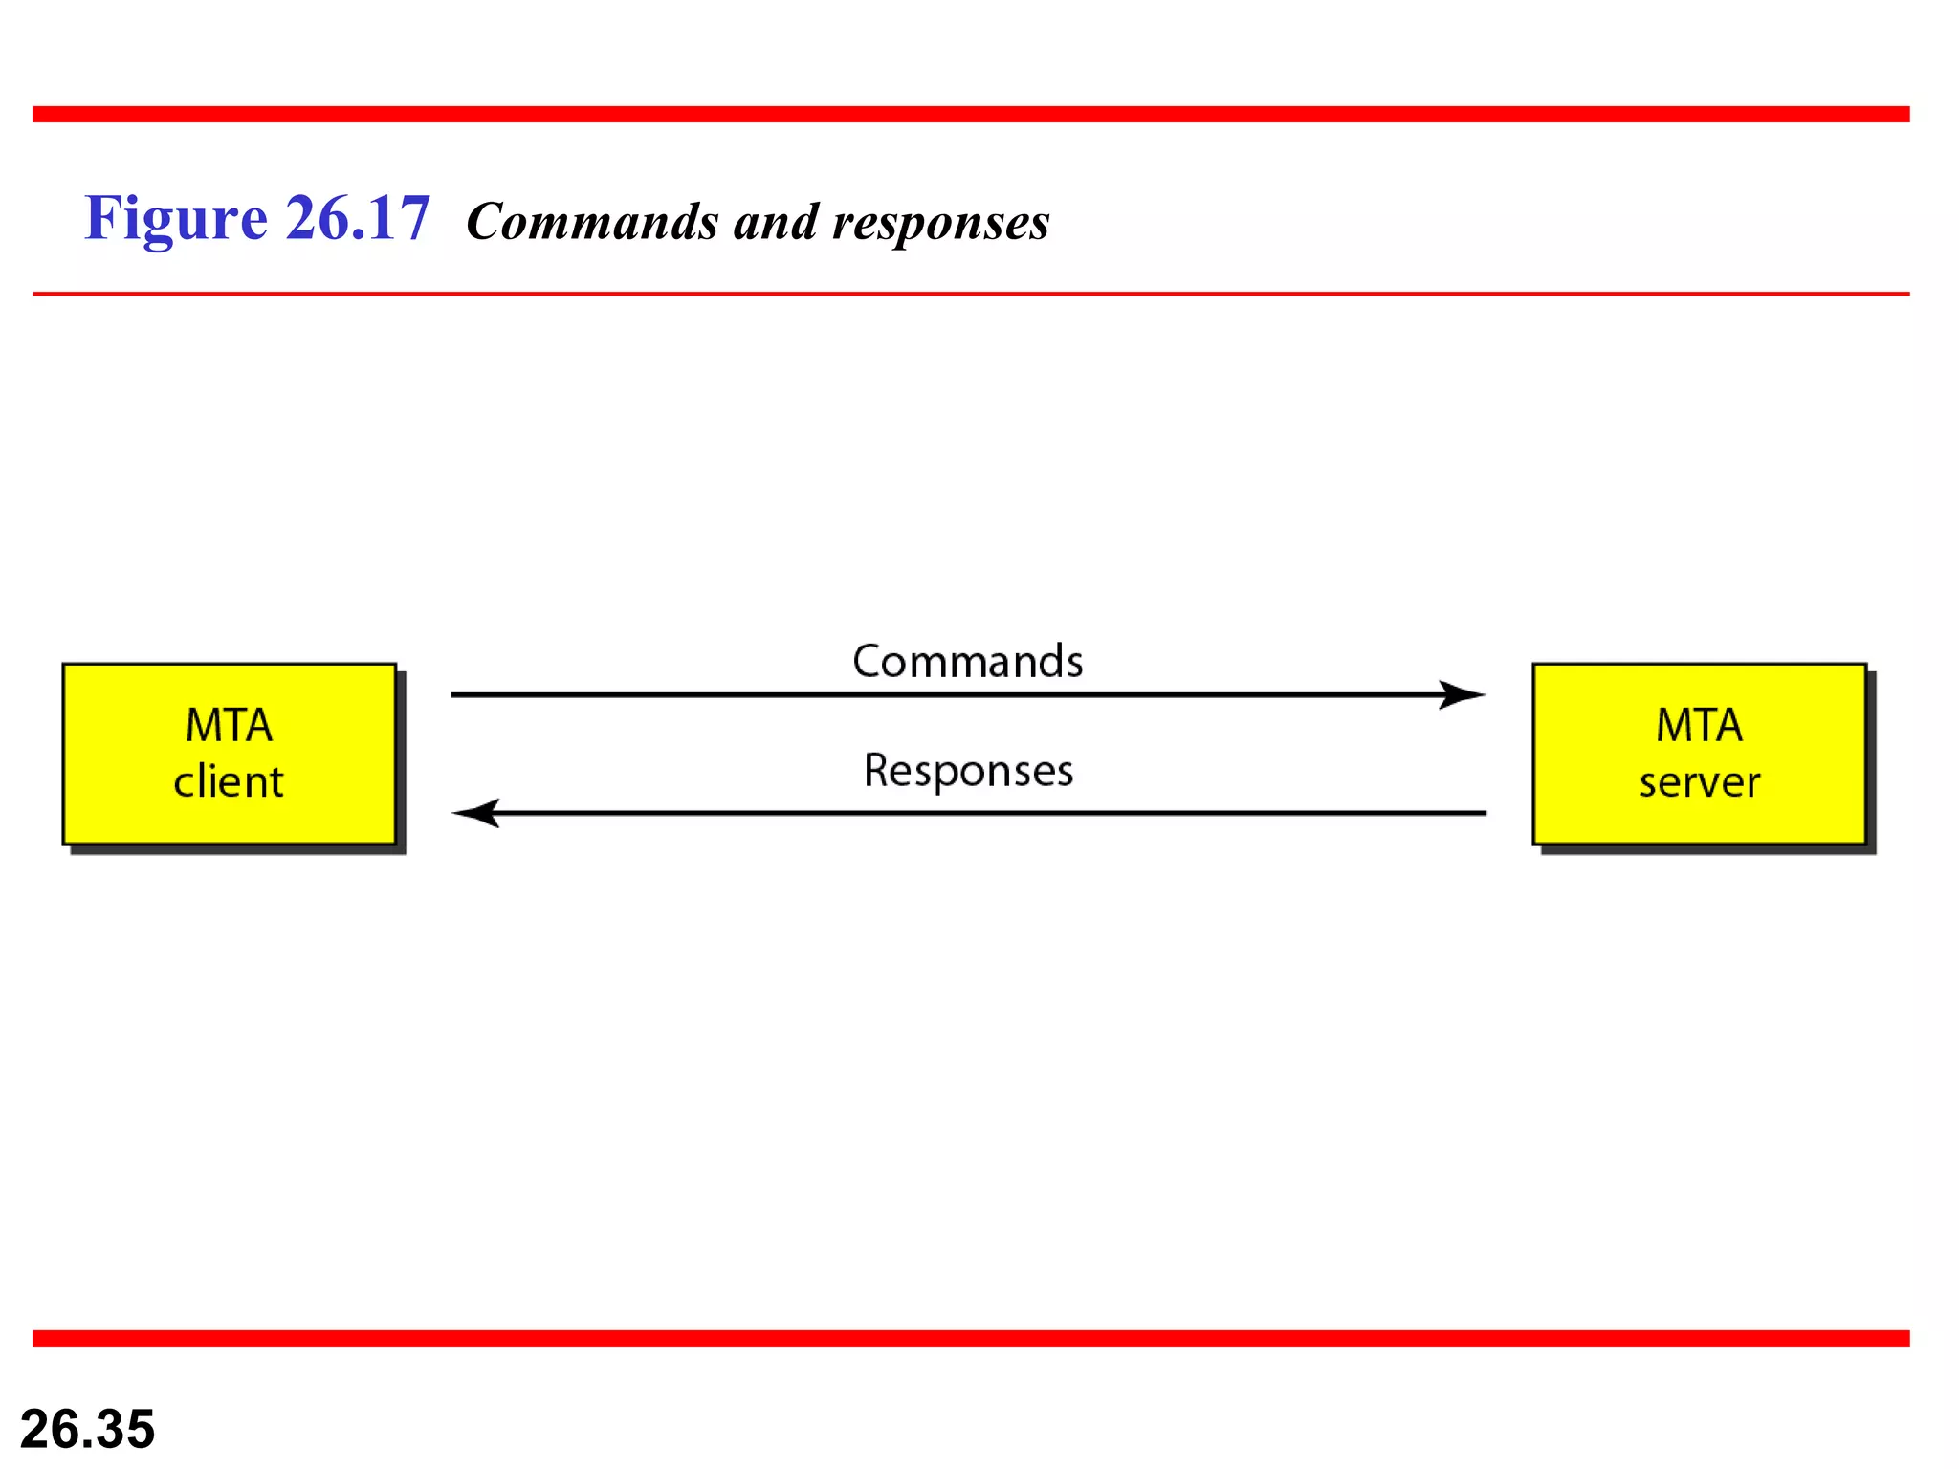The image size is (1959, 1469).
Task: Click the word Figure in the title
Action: (175, 219)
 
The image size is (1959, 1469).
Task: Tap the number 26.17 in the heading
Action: (358, 219)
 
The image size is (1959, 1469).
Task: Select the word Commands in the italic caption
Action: (592, 223)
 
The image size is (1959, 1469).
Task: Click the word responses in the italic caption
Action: (940, 224)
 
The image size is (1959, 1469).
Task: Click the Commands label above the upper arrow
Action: (967, 662)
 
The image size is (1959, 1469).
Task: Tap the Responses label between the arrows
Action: (968, 771)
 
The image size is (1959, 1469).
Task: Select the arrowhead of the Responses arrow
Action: (476, 813)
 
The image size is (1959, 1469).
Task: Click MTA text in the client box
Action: (229, 725)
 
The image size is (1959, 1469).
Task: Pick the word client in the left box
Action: (228, 782)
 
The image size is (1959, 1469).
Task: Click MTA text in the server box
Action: (1699, 725)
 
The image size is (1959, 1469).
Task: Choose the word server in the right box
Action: (1699, 783)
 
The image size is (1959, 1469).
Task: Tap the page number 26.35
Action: (87, 1429)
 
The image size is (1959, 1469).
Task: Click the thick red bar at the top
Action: (970, 115)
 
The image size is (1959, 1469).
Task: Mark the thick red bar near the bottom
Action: (970, 1338)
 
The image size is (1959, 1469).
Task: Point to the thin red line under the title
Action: (970, 294)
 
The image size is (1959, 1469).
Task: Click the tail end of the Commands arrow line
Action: (459, 694)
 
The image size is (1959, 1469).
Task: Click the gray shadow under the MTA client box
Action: (239, 850)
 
